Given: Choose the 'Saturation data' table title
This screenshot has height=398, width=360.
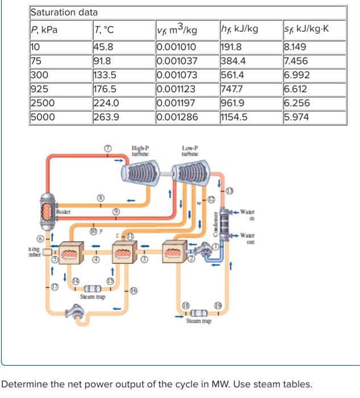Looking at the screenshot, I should [x=64, y=12].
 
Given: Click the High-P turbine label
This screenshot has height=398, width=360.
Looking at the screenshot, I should [x=140, y=151].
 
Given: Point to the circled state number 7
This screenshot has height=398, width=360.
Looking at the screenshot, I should [x=107, y=148].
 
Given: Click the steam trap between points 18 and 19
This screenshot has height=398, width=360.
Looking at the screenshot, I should [x=197, y=313].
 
